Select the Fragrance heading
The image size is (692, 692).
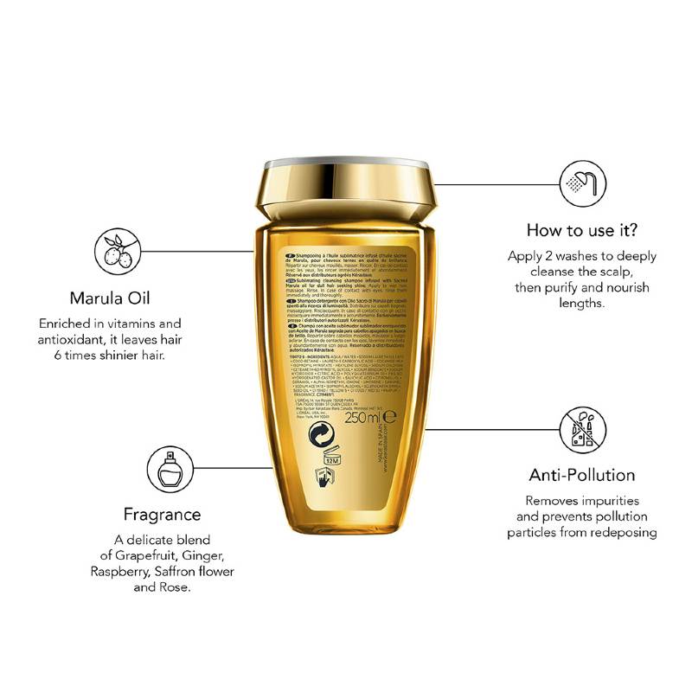point(163,514)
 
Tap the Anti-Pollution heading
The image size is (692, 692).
point(582,475)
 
